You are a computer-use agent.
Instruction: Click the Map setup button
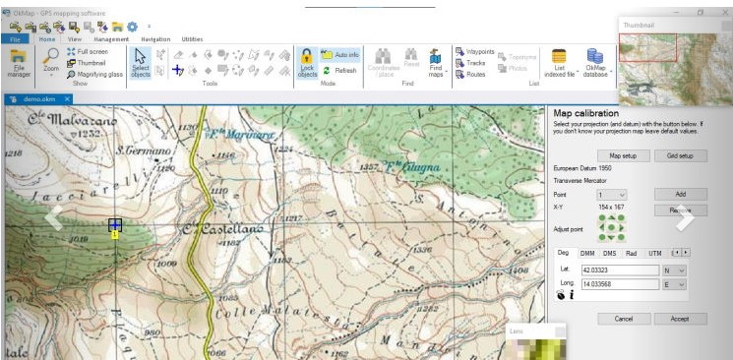pos(623,155)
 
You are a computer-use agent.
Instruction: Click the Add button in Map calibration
pos(680,194)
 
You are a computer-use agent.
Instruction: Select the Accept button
pos(680,319)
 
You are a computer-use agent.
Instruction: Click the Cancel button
pos(623,319)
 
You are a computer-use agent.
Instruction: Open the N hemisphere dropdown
pos(675,270)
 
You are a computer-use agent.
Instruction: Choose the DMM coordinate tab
pos(587,253)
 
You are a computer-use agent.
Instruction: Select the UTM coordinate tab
pos(655,253)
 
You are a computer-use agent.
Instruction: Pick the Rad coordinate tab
pos(632,253)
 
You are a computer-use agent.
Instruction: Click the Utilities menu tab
pos(192,38)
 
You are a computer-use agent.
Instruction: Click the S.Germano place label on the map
pos(139,150)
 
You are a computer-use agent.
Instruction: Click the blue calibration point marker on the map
pos(115,226)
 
